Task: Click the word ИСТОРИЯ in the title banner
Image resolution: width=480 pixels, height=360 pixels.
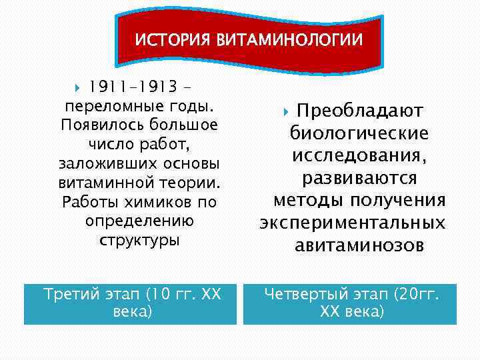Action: coord(173,40)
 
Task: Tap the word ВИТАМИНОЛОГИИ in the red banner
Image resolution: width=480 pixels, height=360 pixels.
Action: coord(289,40)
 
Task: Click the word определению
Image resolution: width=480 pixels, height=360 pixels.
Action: coord(139,221)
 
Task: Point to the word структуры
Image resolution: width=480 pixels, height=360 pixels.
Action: coord(139,240)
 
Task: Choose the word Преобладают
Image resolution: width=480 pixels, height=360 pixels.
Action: coord(360,111)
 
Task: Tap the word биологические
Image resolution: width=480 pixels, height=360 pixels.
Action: coord(359,133)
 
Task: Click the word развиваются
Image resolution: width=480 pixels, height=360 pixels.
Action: coord(359,178)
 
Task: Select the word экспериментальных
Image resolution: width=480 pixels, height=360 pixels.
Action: coord(353,223)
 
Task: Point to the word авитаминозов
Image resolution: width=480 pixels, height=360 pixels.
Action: coord(359,246)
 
